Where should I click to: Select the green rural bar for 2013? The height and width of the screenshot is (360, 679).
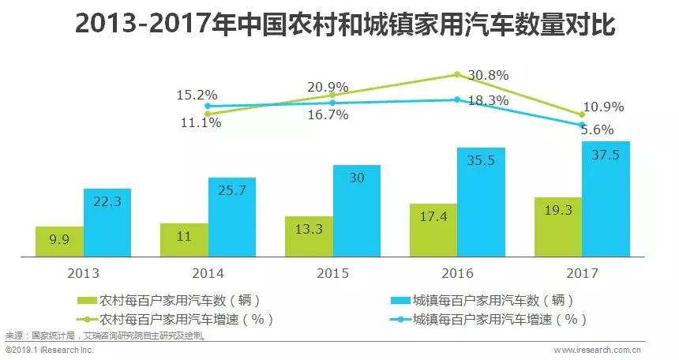[60, 242]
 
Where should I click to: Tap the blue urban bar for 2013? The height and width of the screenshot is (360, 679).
[107, 223]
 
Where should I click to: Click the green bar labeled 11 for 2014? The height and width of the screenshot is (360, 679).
[184, 240]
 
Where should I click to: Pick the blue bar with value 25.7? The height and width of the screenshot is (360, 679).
[232, 217]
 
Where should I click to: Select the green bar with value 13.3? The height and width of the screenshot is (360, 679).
[309, 236]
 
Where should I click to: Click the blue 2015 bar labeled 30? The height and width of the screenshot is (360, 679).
[357, 211]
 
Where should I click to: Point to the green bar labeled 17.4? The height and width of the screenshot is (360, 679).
[433, 230]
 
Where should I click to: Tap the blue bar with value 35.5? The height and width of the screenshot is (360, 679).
[481, 202]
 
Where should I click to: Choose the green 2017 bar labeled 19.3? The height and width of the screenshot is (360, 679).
[557, 227]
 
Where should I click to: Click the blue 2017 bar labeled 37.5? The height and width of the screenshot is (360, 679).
[606, 199]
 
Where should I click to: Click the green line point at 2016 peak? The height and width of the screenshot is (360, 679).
[456, 75]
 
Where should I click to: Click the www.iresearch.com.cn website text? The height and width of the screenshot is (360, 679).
[597, 349]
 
